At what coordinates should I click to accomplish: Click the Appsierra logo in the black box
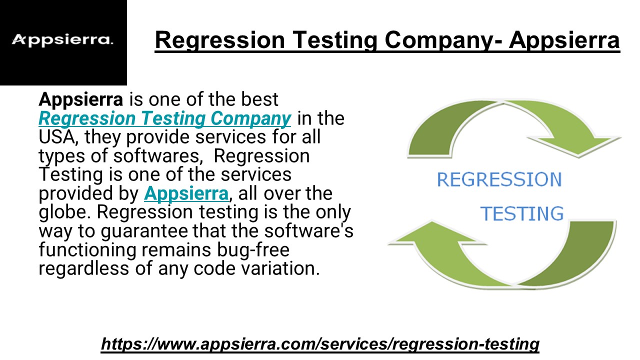62,40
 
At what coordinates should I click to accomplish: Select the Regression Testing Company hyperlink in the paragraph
165,118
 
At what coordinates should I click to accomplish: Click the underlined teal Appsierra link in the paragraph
186,193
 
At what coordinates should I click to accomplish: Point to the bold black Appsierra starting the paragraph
81,99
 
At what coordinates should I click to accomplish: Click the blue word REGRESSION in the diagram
499,179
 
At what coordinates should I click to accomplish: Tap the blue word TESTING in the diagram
521,213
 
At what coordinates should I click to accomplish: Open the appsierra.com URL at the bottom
320,344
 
